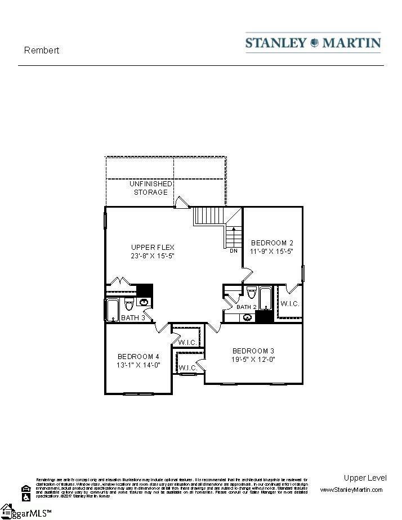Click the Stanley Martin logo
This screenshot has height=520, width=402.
(313, 43)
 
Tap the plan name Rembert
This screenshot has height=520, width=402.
(42, 50)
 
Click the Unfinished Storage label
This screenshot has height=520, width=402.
(150, 188)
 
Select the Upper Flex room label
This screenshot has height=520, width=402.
(153, 247)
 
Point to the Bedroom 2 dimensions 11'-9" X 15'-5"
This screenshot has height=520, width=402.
(272, 252)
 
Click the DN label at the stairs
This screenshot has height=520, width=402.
(233, 251)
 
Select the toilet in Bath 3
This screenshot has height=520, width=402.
(128, 306)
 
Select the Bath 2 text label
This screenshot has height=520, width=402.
(246, 307)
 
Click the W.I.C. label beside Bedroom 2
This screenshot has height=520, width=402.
(289, 304)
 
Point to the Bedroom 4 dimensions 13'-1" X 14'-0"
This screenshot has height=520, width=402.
(139, 365)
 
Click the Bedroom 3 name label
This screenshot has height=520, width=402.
(253, 351)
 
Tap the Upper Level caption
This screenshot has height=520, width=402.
(365, 478)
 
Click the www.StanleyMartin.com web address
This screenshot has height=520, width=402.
(351, 490)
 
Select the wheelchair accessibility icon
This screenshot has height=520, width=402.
(25, 497)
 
